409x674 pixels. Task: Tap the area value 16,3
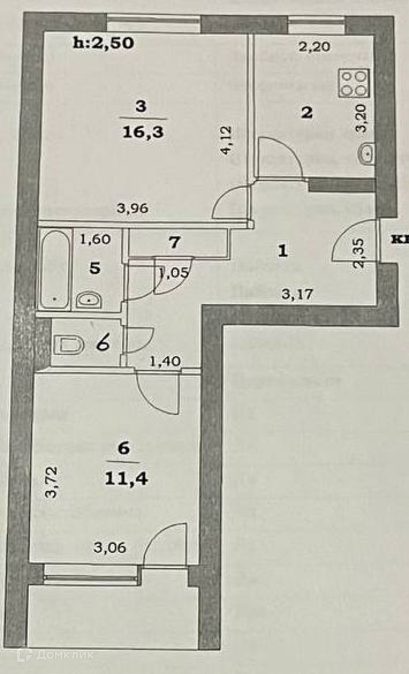143,132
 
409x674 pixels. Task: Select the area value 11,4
126,479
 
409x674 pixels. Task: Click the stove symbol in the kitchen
354,83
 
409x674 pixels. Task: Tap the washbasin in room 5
88,300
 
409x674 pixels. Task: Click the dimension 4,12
227,140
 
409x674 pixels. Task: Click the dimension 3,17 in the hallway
297,294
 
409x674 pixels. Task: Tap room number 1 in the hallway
283,251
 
